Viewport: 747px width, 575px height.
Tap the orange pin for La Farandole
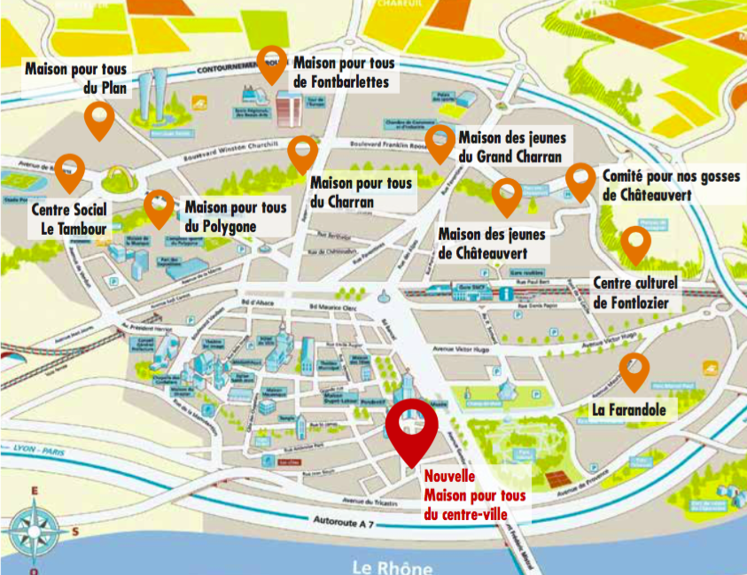634,369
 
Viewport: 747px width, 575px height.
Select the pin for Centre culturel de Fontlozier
634,243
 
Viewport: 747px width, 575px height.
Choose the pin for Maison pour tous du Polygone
159,206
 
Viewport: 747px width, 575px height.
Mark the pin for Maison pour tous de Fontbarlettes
271,63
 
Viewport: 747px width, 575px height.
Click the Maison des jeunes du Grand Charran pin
440,141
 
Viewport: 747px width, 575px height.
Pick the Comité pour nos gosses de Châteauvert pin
580,181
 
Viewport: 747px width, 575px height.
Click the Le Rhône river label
392,566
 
